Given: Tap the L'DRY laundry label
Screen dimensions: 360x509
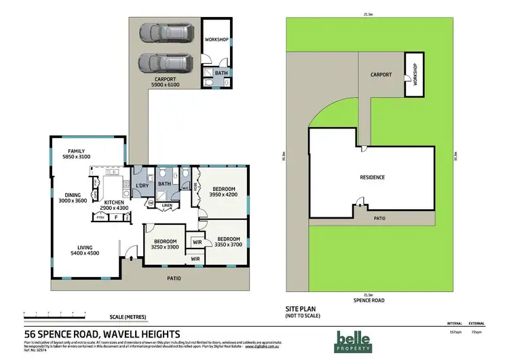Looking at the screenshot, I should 142,186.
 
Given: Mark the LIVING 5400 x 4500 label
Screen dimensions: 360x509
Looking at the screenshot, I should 84,250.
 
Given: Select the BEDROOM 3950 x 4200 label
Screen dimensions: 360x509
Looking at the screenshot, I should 224,192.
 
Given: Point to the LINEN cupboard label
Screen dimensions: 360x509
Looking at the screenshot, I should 167,206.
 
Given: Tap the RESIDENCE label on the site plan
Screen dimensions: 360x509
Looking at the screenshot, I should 372,178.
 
